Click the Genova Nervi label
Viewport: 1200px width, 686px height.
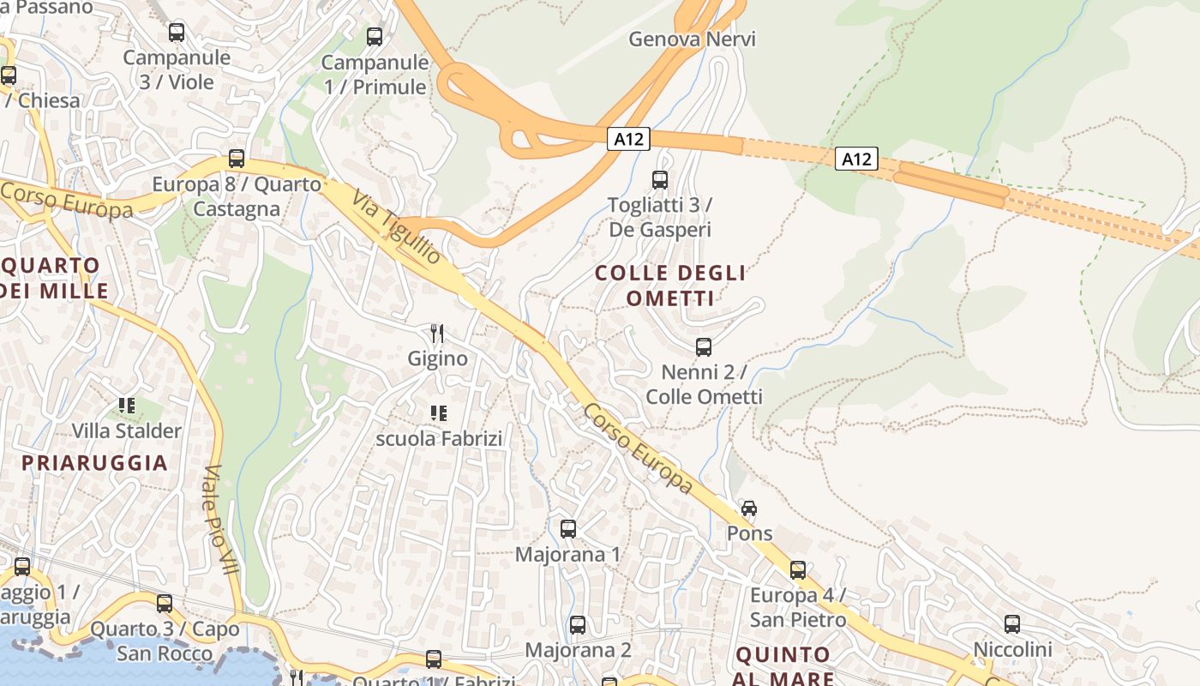pos(692,39)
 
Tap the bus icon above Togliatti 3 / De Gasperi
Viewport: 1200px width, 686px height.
pos(660,180)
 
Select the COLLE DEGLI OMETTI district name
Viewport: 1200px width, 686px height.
pos(670,286)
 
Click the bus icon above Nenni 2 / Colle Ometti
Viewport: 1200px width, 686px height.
pos(704,347)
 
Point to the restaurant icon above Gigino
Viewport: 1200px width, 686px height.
pos(437,333)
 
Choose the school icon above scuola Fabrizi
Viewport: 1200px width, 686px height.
pos(439,413)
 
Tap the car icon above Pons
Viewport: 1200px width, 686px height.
pos(749,508)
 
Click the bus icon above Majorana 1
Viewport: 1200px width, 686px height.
pos(568,529)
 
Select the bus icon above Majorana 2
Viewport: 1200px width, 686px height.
pos(578,625)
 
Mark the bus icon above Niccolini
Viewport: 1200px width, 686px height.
pos(1012,624)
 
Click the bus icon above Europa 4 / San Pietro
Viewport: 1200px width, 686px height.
pos(798,570)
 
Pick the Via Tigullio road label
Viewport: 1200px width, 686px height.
pos(397,230)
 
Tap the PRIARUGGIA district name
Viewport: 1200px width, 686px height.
pos(94,463)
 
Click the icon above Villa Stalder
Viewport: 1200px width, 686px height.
pos(127,405)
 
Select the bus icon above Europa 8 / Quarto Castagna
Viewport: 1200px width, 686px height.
pos(237,159)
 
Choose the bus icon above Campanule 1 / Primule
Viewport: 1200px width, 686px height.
pos(375,37)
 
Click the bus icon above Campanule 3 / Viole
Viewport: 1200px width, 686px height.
pos(177,33)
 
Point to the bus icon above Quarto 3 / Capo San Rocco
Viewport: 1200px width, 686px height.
pos(165,604)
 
